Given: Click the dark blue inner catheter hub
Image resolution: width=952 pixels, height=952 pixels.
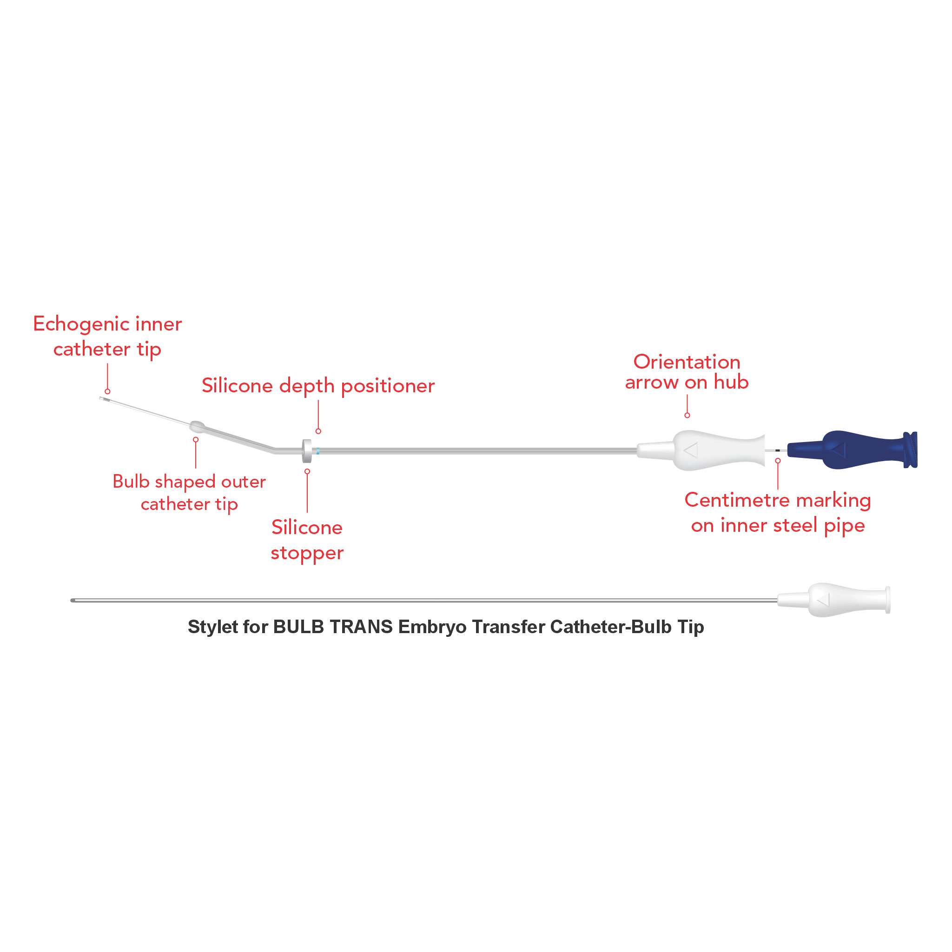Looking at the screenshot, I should click(x=853, y=450).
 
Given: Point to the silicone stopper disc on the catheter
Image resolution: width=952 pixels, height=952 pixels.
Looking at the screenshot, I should click(x=307, y=450).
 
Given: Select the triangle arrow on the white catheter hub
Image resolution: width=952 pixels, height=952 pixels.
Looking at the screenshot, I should click(x=691, y=450).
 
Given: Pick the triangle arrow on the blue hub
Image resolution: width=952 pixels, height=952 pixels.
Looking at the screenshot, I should click(x=839, y=450).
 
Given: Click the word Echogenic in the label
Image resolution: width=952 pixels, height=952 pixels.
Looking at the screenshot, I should click(x=81, y=324).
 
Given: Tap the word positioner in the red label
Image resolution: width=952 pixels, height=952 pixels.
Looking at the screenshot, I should click(x=388, y=386).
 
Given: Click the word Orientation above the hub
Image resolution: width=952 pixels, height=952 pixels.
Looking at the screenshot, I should click(x=687, y=362).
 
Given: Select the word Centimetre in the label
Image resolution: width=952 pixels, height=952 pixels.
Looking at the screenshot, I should click(x=737, y=500).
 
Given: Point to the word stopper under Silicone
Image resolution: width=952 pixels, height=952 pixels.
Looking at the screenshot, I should click(x=307, y=553).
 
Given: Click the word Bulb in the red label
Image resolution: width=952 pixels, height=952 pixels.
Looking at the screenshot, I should click(x=131, y=482).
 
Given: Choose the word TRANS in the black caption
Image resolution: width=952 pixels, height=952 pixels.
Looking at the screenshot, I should click(x=361, y=627).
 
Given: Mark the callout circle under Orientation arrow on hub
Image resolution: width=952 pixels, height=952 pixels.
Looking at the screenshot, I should click(x=687, y=416).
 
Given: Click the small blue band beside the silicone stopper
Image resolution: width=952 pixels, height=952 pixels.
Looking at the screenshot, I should click(x=318, y=450).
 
